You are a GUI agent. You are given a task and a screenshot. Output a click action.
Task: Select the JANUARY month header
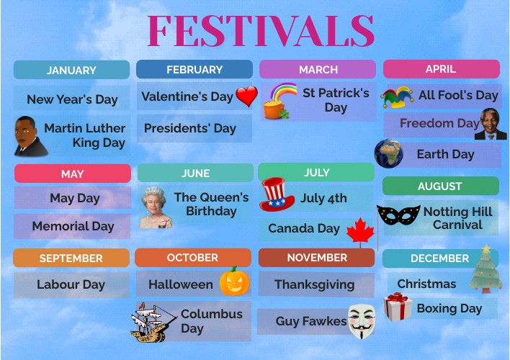coord(71,70)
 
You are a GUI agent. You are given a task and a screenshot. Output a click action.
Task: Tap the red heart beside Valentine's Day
coord(246,96)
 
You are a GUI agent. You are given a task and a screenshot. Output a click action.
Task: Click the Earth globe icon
coord(389,153)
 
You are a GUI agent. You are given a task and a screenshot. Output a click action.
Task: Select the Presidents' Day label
coord(190,128)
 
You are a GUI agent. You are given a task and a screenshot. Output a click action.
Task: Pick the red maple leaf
coord(361,232)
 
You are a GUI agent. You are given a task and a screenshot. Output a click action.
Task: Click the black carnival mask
coord(398,215)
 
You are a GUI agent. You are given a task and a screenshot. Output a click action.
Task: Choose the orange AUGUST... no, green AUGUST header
coord(440,186)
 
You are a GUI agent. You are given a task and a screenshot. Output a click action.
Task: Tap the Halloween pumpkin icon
coord(234,282)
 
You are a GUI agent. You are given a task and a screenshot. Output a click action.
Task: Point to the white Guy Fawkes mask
coord(361,321)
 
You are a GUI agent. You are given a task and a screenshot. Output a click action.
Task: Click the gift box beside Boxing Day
coord(397,307)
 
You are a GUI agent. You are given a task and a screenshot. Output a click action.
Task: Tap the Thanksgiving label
coord(315,284)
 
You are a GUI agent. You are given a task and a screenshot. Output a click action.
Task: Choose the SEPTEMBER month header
coord(71,258)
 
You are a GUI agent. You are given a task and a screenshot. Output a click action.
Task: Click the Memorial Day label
coord(73,226)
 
